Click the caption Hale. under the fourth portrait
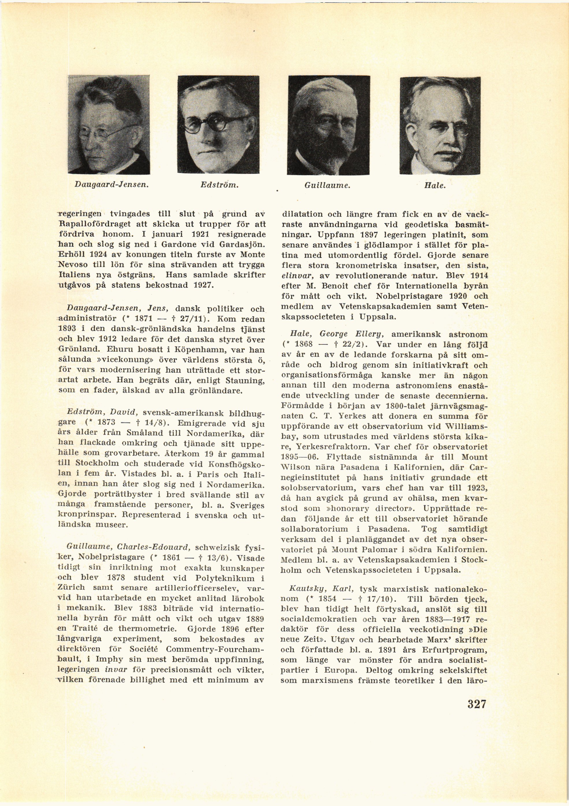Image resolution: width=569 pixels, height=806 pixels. click(x=435, y=185)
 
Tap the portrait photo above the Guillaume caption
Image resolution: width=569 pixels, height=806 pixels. click(x=328, y=125)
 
